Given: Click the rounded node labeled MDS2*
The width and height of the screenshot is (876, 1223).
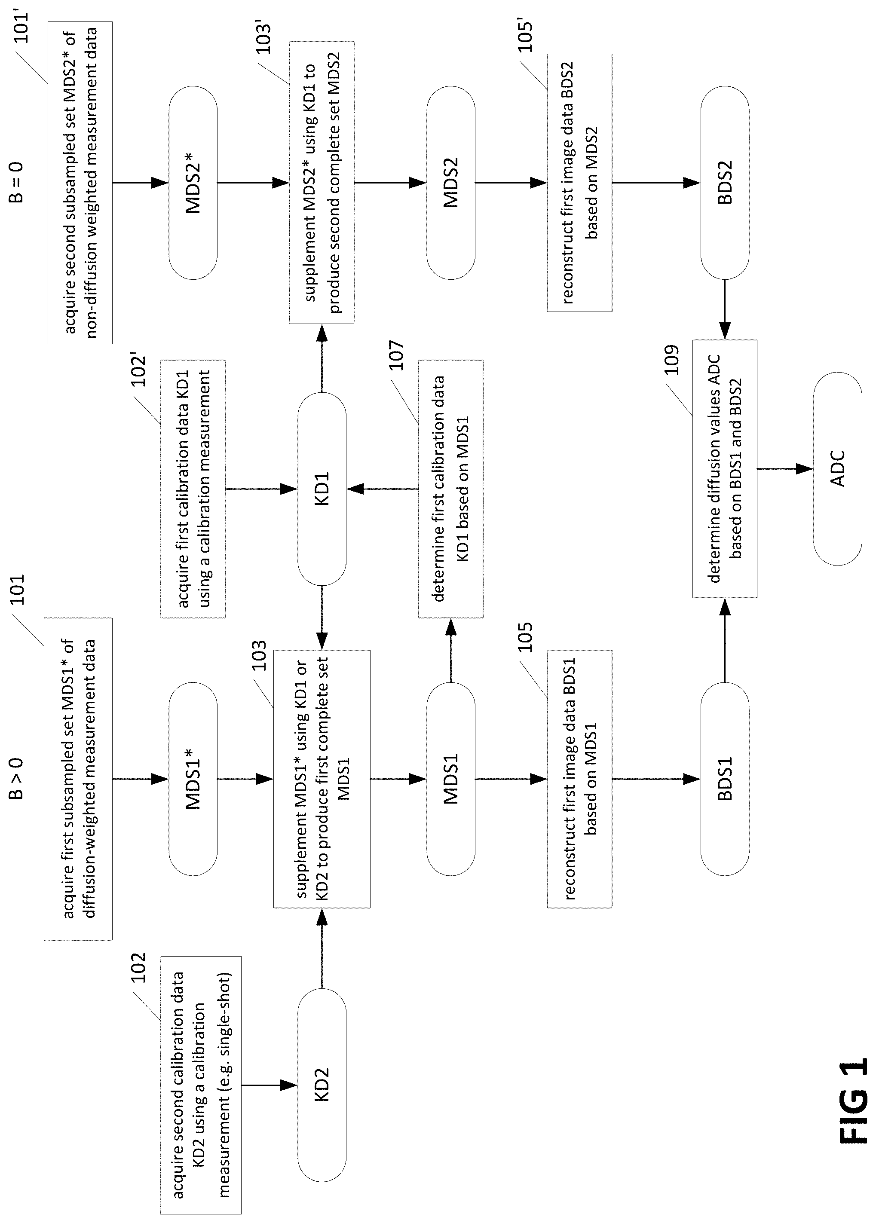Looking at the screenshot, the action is [193, 183].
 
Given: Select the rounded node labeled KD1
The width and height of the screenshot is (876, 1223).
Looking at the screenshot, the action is [322, 489].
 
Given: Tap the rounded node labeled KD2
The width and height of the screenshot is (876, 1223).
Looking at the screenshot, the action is [322, 1085].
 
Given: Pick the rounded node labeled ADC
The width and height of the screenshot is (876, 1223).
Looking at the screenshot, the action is [838, 468].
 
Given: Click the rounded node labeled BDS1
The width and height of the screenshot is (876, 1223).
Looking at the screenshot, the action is [725, 779].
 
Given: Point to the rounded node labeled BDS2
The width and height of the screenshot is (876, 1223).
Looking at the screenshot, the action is [725, 183].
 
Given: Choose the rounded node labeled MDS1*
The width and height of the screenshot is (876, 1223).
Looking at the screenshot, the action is [193, 779].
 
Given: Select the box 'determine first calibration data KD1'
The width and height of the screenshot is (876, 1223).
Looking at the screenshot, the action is [451, 489].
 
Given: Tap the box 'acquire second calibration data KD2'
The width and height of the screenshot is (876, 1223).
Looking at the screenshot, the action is [201, 1085].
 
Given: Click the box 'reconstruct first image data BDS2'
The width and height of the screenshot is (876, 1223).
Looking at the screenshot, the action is [580, 183].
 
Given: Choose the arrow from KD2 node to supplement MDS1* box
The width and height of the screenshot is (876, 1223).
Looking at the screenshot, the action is [322, 948].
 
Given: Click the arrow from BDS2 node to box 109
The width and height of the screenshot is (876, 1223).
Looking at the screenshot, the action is [725, 309].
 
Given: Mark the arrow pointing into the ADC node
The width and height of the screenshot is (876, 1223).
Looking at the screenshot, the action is [785, 468].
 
